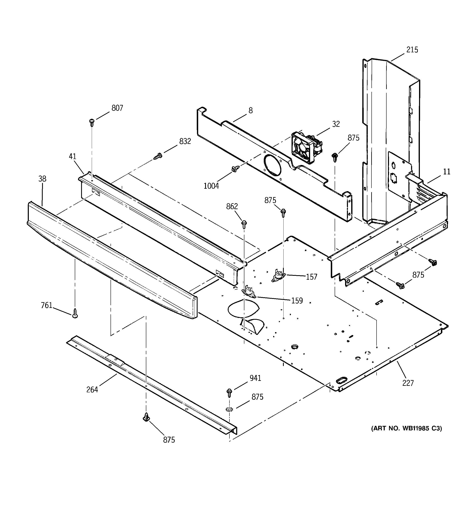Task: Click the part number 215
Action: coord(412,50)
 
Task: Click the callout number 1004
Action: coord(211,186)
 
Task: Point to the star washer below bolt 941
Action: coord(229,409)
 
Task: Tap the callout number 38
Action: coord(42,179)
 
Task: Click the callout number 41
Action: coord(73,156)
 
